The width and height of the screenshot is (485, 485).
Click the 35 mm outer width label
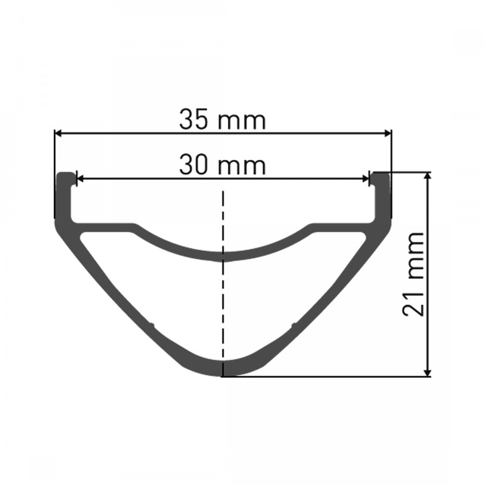(222, 119)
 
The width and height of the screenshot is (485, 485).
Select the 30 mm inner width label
(222, 165)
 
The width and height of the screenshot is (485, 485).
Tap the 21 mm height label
(413, 274)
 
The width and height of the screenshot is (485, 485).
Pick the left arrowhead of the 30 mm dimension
(79, 179)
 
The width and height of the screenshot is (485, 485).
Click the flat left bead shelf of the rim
(103, 227)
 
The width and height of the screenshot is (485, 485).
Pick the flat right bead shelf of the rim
(343, 227)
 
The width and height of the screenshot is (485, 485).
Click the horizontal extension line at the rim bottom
(327, 376)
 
